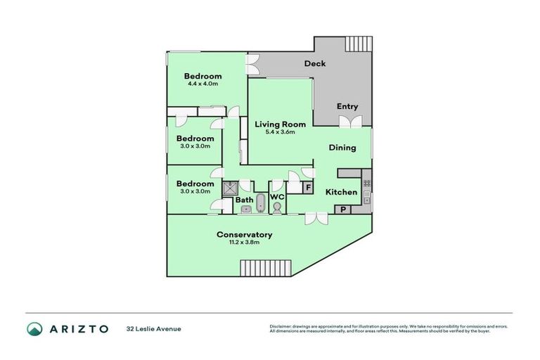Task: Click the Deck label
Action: point(314,64)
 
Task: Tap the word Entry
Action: point(347,107)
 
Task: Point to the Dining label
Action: point(342,148)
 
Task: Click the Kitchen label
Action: point(340,192)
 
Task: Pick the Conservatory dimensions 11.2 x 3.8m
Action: point(244,243)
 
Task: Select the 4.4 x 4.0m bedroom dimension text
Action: point(202,84)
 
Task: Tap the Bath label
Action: point(244,200)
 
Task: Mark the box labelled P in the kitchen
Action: point(344,209)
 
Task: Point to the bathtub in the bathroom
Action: point(260,203)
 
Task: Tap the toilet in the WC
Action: point(277,208)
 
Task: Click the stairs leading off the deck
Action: point(358,44)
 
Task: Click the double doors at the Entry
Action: point(347,122)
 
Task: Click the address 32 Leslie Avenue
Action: point(154,328)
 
